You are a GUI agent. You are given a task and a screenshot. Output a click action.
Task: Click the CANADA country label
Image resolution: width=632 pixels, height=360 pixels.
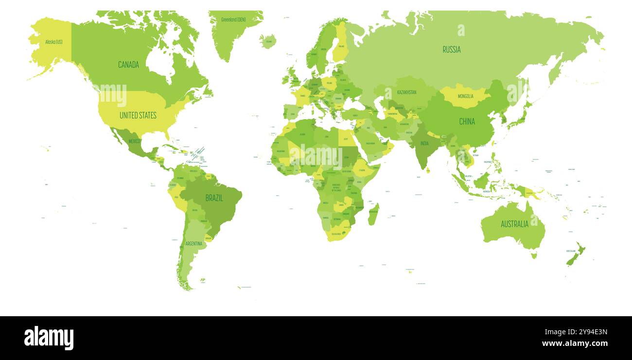pos(128,65)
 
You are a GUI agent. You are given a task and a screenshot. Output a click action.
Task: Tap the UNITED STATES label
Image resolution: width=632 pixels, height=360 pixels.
pos(138,115)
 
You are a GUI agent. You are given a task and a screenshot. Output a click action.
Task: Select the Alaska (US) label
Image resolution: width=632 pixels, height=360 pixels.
pos(53,42)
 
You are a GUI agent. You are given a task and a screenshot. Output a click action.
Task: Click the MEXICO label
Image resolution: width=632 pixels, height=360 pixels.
pos(135,141)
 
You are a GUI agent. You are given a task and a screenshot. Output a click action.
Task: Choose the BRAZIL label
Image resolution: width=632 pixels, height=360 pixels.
pos(214,198)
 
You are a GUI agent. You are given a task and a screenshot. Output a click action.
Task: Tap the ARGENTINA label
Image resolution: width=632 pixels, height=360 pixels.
pos(193,243)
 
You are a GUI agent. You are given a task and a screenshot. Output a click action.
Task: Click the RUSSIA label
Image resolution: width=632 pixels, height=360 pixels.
pos(451,49)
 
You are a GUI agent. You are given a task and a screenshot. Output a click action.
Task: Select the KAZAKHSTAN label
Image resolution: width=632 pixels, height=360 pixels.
pos(406,92)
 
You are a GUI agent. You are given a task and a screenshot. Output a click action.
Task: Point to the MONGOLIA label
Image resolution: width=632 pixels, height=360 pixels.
pos(465,96)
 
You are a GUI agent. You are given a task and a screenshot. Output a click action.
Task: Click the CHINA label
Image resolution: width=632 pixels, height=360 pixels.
pos(467,121)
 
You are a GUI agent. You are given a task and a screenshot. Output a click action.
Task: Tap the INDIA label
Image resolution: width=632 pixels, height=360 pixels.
pos(424,143)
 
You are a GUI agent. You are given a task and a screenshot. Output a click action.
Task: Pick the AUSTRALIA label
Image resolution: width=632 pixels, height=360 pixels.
pos(514,224)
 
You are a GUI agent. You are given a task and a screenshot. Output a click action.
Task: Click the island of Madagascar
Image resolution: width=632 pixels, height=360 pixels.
pos(373,215)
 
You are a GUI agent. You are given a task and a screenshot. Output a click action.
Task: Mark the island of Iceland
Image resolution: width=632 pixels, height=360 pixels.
pos(268,41)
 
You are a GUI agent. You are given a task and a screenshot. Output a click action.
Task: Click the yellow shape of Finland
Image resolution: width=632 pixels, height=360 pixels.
pos(341,44)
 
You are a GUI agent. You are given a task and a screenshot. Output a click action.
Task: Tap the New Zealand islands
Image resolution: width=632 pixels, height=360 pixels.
pos(576,255)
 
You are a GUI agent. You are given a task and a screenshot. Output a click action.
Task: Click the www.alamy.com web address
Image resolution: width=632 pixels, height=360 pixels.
pos(574,343)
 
